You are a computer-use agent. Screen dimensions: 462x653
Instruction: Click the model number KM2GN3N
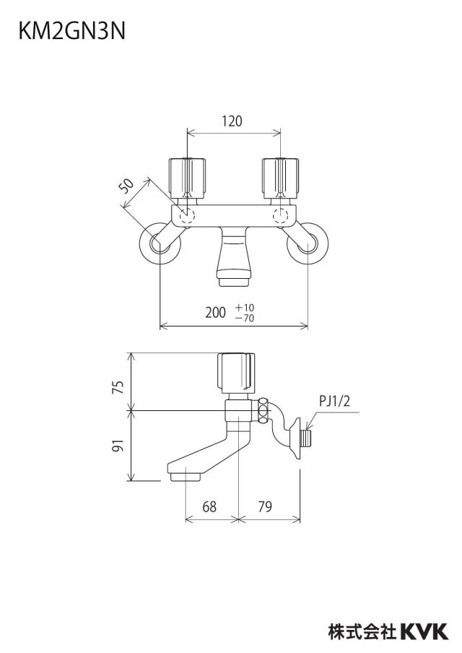(x=71, y=31)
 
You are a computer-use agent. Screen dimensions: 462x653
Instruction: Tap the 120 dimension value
(x=232, y=121)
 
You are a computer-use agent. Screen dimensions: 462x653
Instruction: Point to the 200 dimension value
(x=215, y=312)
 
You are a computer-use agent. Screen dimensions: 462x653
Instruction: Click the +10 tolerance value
(x=245, y=307)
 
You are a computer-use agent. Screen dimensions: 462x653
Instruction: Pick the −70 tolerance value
(x=245, y=318)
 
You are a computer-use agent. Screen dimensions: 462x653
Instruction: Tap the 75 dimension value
(x=119, y=387)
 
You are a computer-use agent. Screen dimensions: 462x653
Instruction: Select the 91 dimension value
(x=119, y=446)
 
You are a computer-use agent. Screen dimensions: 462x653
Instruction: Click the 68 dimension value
(x=209, y=507)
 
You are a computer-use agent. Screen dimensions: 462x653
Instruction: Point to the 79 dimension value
(x=265, y=507)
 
